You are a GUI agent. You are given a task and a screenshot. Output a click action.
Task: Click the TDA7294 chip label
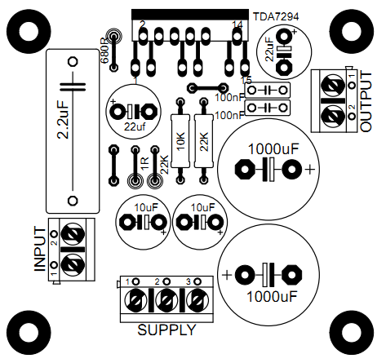tap(276, 16)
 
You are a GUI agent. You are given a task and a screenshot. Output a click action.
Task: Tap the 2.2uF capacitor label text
tap(64, 120)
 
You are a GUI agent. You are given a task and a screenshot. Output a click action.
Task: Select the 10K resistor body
tap(180, 141)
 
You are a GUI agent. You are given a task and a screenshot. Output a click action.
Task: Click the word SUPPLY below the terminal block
tap(166, 330)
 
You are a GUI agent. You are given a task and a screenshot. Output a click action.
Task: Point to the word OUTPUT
tap(366, 102)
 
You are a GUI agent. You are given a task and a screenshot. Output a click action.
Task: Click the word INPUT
tap(40, 250)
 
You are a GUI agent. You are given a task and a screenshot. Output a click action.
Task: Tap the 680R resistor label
tap(104, 53)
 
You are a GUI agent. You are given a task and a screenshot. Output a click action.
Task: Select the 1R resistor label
tap(145, 164)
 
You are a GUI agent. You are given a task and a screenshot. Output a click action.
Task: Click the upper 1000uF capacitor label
tap(273, 149)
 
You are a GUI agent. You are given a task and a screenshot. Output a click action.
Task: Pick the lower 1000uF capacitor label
tap(272, 297)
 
